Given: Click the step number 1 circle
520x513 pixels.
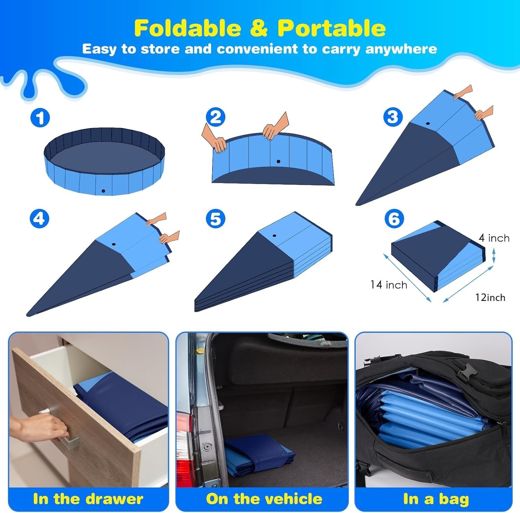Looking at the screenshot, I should pyautogui.click(x=40, y=118).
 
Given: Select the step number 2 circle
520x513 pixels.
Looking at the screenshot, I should pyautogui.click(x=216, y=117).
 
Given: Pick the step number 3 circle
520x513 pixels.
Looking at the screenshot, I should pyautogui.click(x=393, y=117).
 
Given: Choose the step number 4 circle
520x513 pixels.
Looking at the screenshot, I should pyautogui.click(x=40, y=219).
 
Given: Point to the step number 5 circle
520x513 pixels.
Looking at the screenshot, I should pyautogui.click(x=215, y=219).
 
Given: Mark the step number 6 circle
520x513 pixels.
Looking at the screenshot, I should pyautogui.click(x=394, y=219).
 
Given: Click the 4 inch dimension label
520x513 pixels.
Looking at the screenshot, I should pyautogui.click(x=494, y=238).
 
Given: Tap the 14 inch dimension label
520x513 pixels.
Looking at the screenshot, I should pyautogui.click(x=389, y=285).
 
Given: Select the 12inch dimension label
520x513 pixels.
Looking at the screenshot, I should pyautogui.click(x=490, y=297).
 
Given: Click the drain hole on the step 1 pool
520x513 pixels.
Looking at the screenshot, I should pyautogui.click(x=103, y=191).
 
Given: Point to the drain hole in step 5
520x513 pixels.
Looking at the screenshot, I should pyautogui.click(x=274, y=236).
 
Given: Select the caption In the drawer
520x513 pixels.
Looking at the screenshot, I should pyautogui.click(x=88, y=499).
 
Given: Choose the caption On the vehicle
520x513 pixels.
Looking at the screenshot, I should pyautogui.click(x=264, y=499).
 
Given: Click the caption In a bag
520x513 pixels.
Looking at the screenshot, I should pyautogui.click(x=436, y=499).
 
